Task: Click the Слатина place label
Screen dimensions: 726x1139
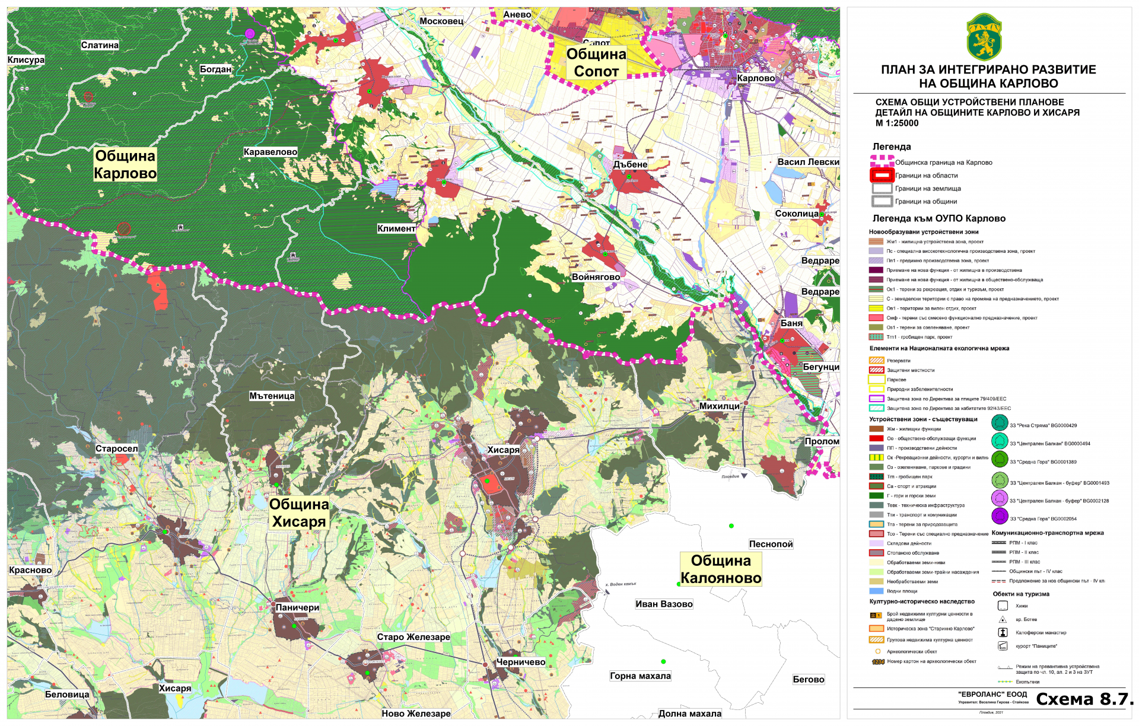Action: [x=100, y=45]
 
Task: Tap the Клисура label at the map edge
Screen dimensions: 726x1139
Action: [x=26, y=60]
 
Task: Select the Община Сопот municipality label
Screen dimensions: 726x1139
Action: [x=596, y=62]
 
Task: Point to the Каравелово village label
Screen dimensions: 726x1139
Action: [x=270, y=152]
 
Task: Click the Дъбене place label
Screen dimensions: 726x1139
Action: [x=630, y=164]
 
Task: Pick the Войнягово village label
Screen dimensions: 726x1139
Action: [x=596, y=277]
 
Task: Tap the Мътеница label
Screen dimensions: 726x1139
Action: [x=272, y=396]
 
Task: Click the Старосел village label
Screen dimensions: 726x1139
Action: [x=116, y=448]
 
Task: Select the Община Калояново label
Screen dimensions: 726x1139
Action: [x=720, y=569]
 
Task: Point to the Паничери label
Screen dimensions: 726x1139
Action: [x=297, y=607]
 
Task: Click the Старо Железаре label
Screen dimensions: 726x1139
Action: [x=413, y=637]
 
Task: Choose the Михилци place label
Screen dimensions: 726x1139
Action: [x=719, y=406]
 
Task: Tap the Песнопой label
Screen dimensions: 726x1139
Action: [x=771, y=544]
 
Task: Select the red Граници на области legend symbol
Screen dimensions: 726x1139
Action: [x=882, y=176]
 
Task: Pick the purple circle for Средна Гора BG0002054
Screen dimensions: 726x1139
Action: [x=1000, y=517]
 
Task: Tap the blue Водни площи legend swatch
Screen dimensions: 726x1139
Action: [x=876, y=591]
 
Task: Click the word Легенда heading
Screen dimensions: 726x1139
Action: [x=891, y=147]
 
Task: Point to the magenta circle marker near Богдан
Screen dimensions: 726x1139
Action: [x=250, y=33]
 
